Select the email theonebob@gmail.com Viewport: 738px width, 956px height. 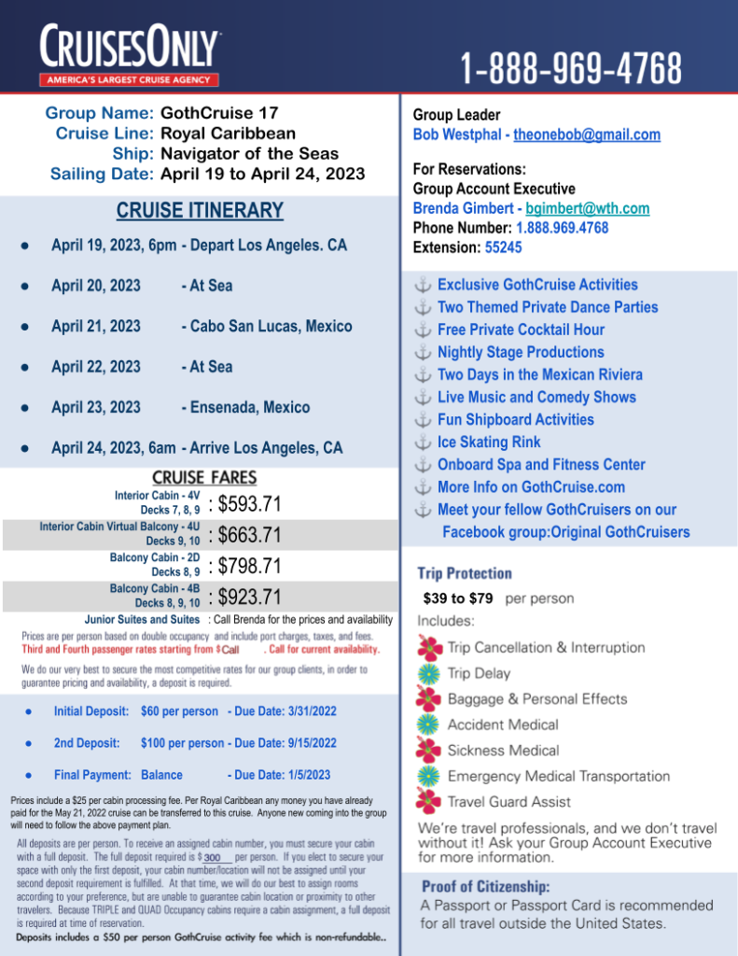587,134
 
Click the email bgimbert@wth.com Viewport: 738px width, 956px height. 587,208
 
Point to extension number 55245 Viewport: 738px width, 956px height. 504,247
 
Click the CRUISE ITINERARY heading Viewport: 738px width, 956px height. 200,211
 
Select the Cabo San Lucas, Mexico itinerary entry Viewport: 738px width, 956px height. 267,327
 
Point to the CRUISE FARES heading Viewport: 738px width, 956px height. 204,477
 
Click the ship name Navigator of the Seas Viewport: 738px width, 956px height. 250,154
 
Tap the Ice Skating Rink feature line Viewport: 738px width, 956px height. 489,442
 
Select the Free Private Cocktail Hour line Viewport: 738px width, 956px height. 521,330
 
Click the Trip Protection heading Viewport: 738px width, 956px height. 465,573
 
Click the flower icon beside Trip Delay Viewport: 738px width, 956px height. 429,673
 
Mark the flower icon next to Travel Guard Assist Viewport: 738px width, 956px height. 429,801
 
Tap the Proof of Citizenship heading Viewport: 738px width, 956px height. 484,886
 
